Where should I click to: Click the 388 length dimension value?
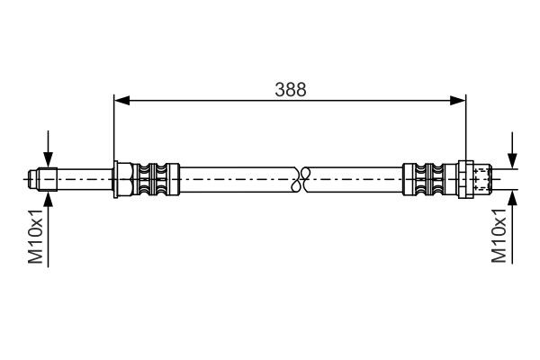pos(291,88)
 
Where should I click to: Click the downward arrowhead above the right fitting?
pos(512,159)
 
